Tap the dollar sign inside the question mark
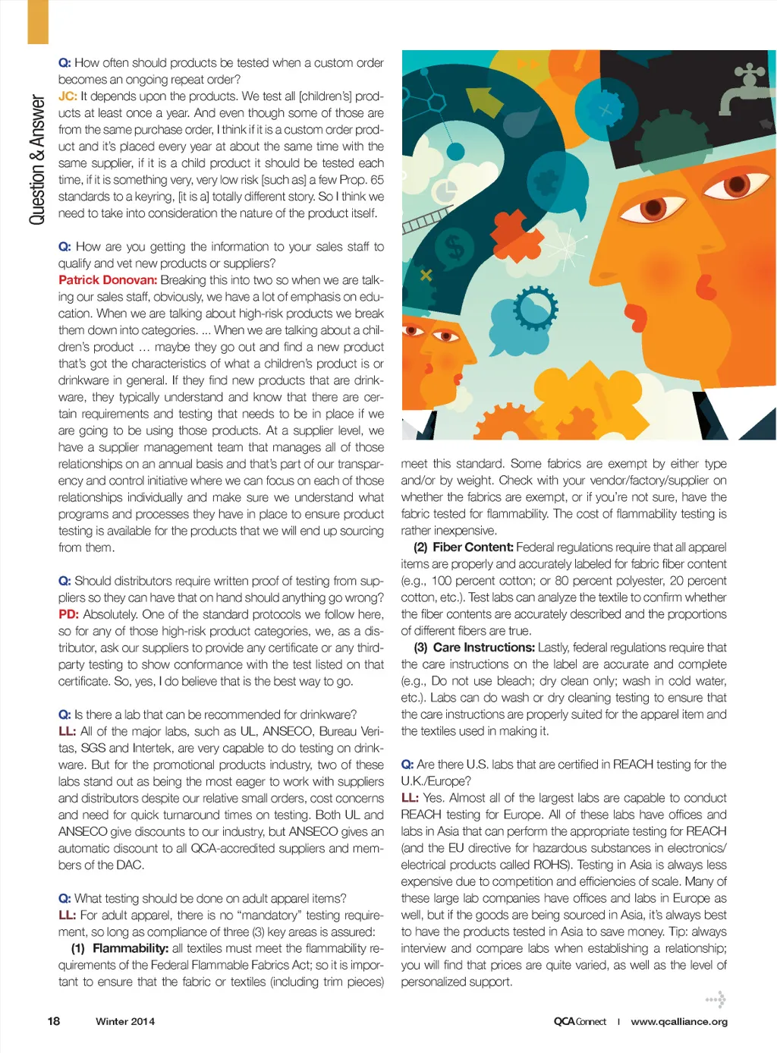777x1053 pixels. tap(455, 247)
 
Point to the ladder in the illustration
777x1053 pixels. tap(426, 221)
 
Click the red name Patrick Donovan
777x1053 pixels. tap(108, 280)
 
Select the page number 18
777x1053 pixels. tap(54, 1021)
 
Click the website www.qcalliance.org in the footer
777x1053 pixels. tap(679, 1022)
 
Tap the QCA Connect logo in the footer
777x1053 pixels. tap(580, 1022)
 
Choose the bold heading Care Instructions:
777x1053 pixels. tap(483, 648)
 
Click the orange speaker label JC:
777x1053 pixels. tap(68, 96)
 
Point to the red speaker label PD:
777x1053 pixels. tap(68, 614)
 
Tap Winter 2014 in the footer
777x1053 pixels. tap(125, 1022)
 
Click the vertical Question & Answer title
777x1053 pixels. tap(37, 160)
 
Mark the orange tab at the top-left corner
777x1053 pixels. tap(38, 21)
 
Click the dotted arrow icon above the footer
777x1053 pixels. tap(716, 999)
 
